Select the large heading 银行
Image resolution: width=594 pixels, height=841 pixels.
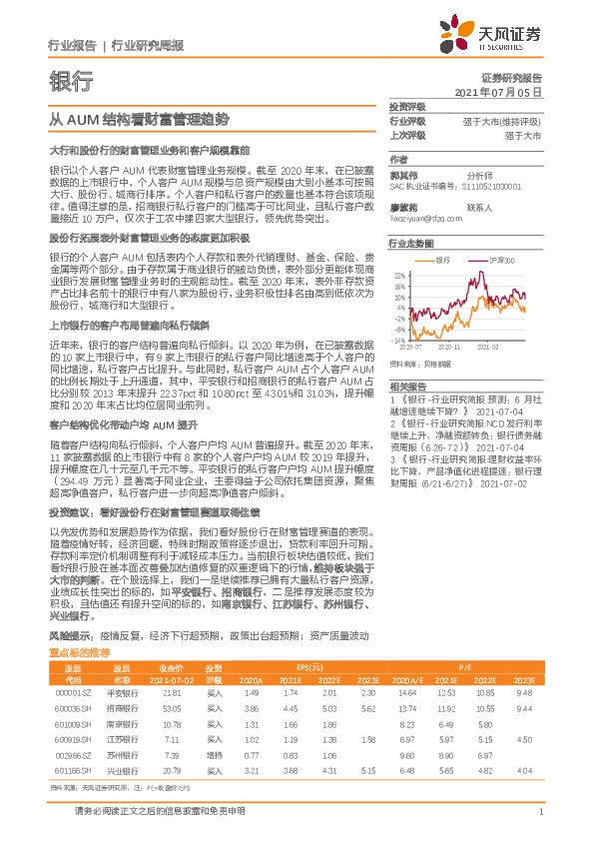click(70, 81)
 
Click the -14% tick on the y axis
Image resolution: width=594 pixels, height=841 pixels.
click(398, 339)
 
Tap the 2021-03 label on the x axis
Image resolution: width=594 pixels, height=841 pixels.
click(488, 346)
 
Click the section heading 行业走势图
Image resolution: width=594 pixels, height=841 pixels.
click(411, 243)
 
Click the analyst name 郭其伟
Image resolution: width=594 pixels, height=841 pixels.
click(402, 173)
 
